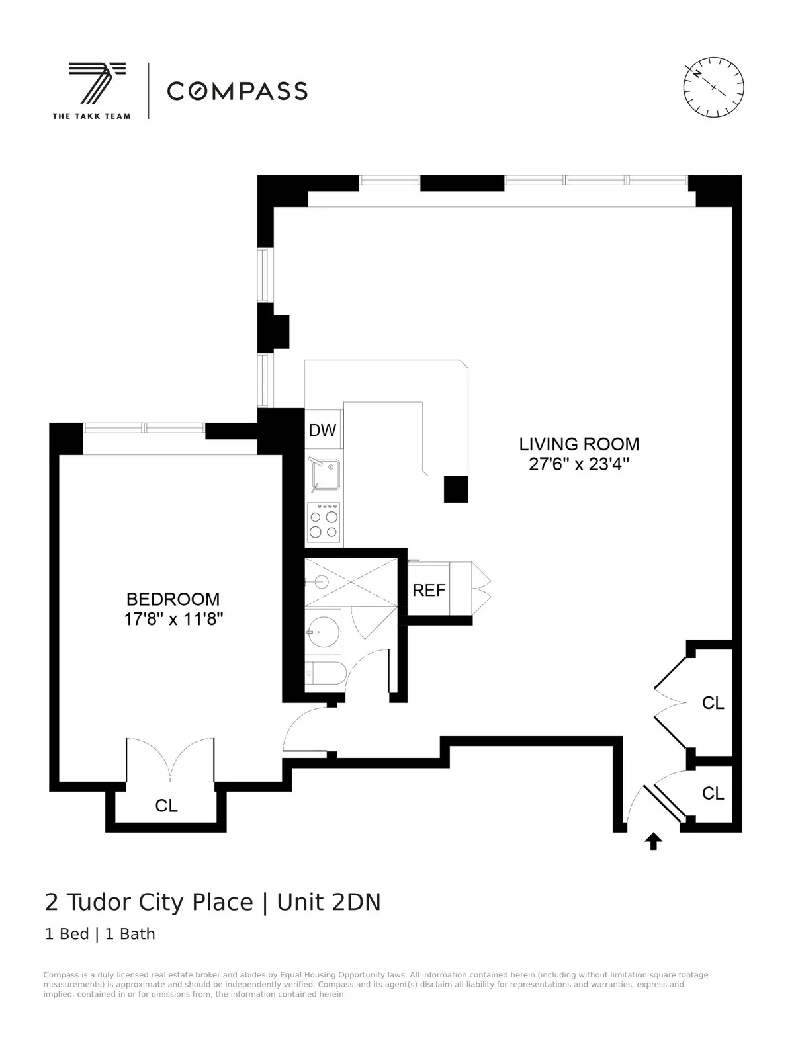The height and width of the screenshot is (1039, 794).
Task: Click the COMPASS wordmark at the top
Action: click(x=237, y=91)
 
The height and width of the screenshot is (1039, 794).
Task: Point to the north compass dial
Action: click(x=713, y=87)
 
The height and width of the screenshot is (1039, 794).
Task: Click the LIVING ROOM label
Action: click(x=578, y=444)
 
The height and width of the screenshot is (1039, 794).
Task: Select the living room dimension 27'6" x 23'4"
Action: click(x=578, y=464)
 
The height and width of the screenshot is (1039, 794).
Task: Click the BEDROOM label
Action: click(x=173, y=599)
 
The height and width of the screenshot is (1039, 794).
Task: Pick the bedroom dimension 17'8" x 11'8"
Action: click(x=173, y=620)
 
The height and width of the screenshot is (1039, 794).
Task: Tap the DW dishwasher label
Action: click(x=323, y=430)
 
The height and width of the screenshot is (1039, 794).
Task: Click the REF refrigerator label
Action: click(x=429, y=590)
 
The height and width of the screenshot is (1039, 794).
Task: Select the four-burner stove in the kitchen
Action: click(x=324, y=523)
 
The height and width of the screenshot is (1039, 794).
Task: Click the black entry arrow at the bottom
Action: click(x=653, y=841)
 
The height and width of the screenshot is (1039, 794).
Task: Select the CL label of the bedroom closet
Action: click(x=166, y=806)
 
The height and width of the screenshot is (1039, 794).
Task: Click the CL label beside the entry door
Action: click(x=713, y=793)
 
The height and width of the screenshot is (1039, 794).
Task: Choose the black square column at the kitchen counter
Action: click(x=455, y=489)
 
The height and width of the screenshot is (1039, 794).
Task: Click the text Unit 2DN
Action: click(x=329, y=902)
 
